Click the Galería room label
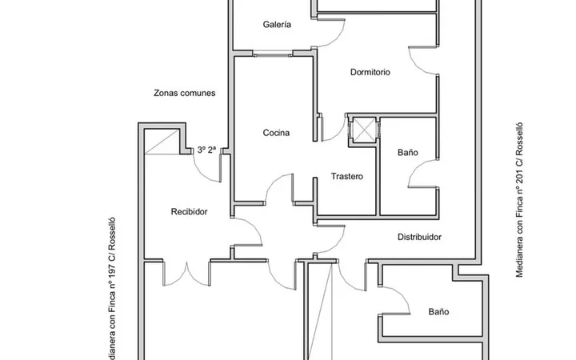(277, 25)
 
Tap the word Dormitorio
(370, 72)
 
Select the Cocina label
(276, 133)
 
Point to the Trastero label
(347, 176)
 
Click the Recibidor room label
(189, 211)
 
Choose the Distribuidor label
(419, 237)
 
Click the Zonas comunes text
(185, 93)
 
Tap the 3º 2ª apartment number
(207, 150)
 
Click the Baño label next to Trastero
(408, 152)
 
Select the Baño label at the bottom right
(438, 311)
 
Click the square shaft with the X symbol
(363, 130)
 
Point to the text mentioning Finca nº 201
(519, 200)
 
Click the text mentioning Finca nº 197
(112, 288)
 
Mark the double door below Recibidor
(186, 274)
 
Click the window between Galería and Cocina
(273, 55)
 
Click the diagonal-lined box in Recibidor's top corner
(162, 142)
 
